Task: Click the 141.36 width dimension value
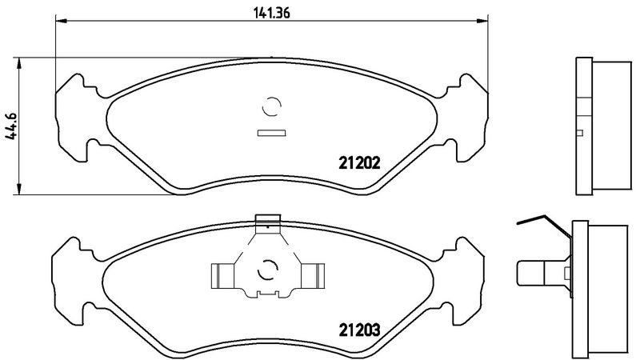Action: tap(272, 13)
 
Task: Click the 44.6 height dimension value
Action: tap(11, 126)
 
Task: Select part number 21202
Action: tap(359, 163)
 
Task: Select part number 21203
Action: tap(359, 330)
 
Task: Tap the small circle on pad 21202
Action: tap(271, 106)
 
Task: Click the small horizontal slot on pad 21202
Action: tap(271, 133)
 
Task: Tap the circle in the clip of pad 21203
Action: tap(268, 270)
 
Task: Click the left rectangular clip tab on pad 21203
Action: tap(222, 276)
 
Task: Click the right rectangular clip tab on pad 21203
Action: tap(313, 276)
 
